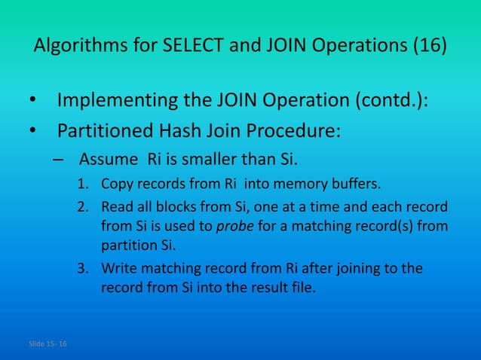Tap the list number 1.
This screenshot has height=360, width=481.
pos(84,184)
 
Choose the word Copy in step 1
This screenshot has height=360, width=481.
pos(115,184)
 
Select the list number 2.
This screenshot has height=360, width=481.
pos(84,207)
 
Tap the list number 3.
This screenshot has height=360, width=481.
pos(84,269)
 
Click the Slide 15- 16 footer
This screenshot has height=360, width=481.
pos(47,344)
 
